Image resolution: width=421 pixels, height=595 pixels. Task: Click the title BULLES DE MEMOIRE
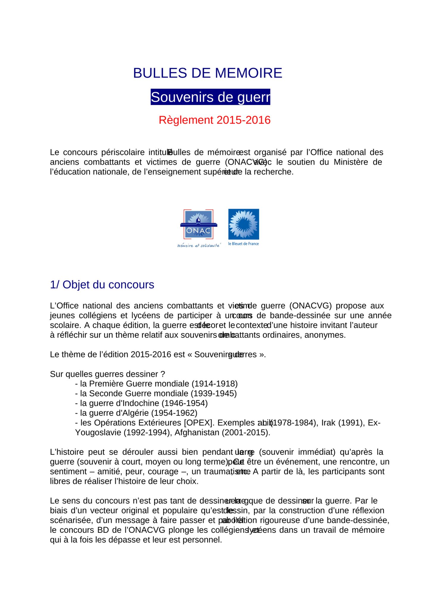tap(207, 73)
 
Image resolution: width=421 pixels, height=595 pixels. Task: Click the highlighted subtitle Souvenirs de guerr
tap(210, 97)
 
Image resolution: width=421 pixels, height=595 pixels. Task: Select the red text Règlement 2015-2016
tap(215, 120)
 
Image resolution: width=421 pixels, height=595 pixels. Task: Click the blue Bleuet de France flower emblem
tap(243, 224)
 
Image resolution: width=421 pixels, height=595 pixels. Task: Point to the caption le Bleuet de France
tap(243, 244)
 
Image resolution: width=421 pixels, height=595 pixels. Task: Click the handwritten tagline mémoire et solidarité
tap(199, 245)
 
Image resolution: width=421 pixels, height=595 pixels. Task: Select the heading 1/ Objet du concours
tap(102, 285)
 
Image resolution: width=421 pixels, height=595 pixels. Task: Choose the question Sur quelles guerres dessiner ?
tap(107, 374)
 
